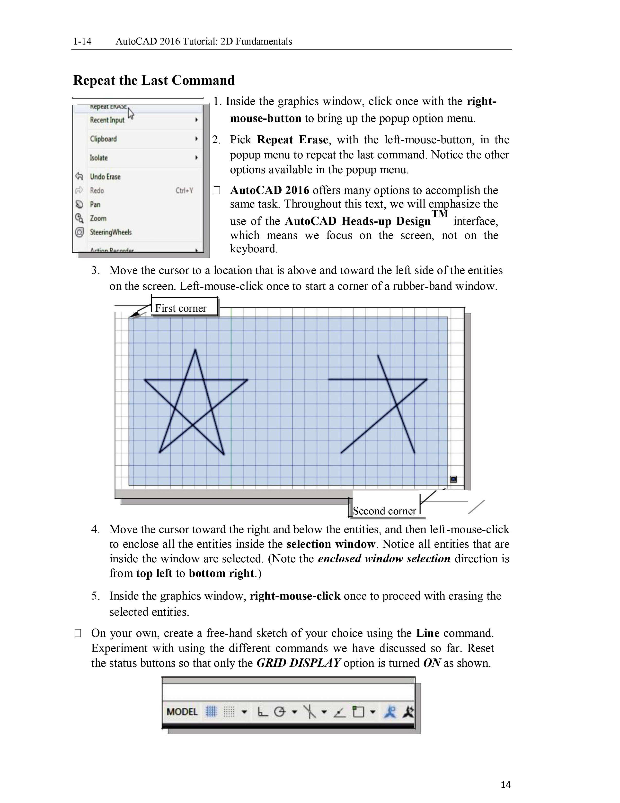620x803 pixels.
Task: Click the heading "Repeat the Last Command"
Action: tap(154, 80)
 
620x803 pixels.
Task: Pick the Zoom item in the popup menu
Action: tap(98, 219)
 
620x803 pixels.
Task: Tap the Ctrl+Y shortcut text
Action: tap(184, 191)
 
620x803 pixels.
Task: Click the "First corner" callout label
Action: tap(181, 308)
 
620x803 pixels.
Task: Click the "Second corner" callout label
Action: tap(384, 511)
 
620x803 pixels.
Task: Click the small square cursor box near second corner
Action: tap(453, 479)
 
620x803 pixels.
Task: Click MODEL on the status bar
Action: tap(182, 712)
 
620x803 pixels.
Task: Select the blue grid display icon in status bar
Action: tap(211, 712)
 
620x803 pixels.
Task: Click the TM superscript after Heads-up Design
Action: tap(439, 214)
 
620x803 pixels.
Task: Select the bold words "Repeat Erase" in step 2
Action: tap(292, 140)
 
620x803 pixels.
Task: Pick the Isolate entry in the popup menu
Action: tap(99, 158)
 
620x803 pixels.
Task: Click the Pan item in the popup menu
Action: tap(95, 204)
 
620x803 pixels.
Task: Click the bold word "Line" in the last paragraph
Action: tap(427, 633)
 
